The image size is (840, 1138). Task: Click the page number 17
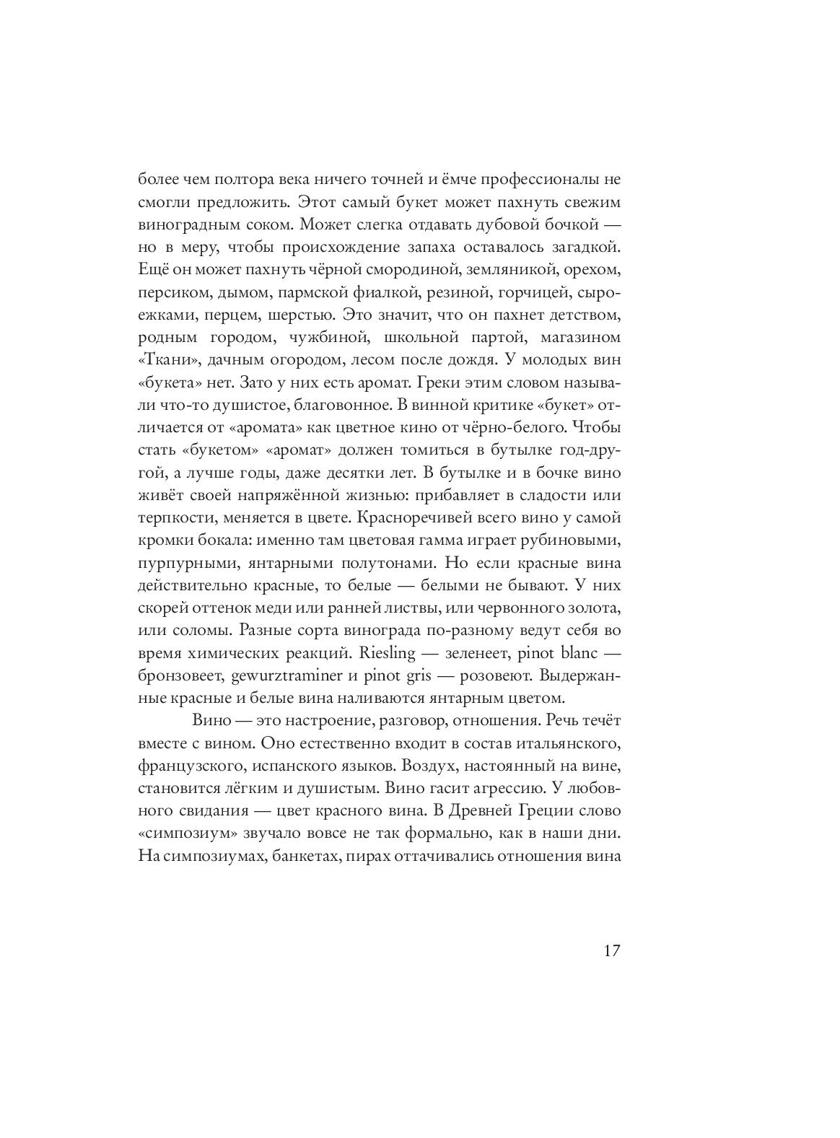click(611, 950)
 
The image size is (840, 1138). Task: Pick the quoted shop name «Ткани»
click(163, 360)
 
